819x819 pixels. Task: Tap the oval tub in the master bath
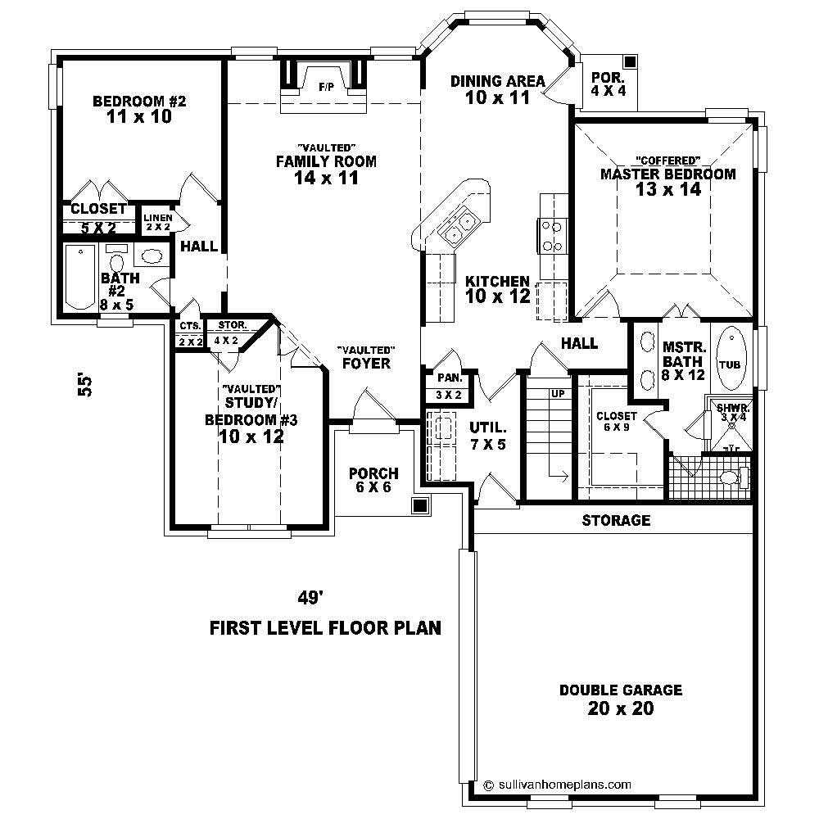coord(731,360)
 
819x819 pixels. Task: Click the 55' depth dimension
coord(84,385)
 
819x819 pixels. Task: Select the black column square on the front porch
coord(420,505)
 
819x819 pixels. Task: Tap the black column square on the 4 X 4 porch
coord(629,62)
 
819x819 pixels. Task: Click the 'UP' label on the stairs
coord(558,394)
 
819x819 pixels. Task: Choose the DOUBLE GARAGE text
coord(620,690)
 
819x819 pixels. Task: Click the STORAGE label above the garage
coord(616,520)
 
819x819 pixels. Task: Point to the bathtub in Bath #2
coord(79,277)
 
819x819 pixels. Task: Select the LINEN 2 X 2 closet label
coord(157,222)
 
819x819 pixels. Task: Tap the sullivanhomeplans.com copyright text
coord(557,783)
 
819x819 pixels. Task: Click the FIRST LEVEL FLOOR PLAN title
coord(326,628)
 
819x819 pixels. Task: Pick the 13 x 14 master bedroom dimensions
coord(667,189)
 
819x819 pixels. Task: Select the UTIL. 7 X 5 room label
coord(489,435)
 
